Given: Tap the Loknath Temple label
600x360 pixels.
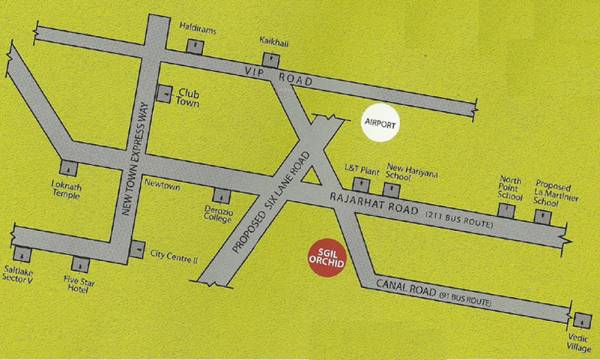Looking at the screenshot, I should (67, 189).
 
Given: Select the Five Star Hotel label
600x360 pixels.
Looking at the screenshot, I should (79, 288).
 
